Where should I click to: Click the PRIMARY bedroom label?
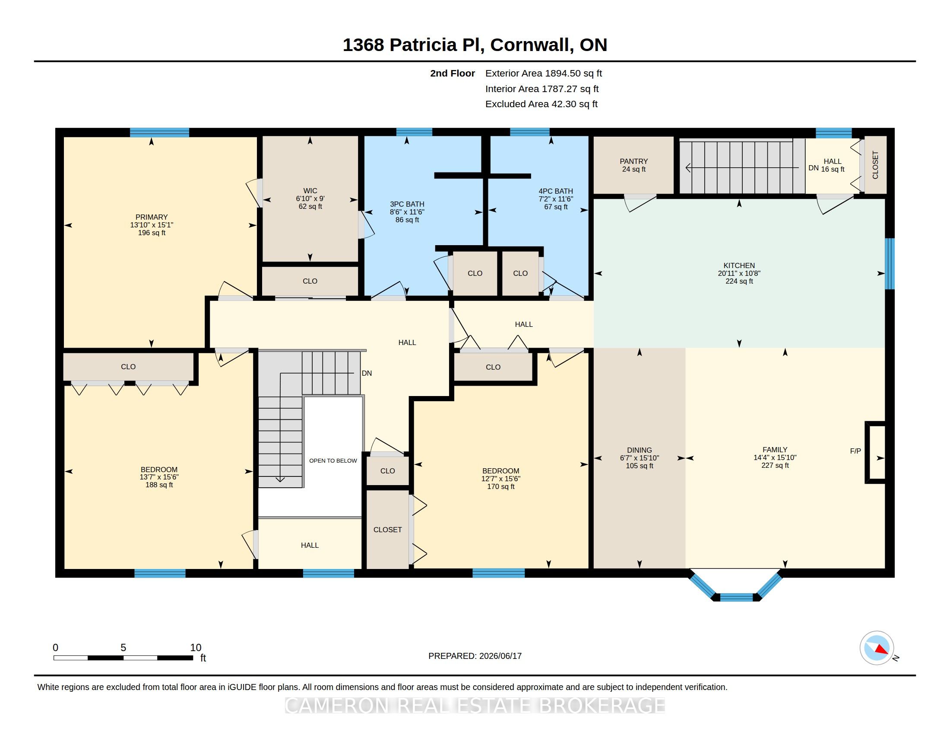tap(152, 217)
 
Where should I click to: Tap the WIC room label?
tap(310, 191)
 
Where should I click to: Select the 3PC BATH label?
tap(407, 204)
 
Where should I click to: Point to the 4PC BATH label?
tap(556, 191)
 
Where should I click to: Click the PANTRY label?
tap(634, 161)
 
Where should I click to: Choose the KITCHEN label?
tap(739, 265)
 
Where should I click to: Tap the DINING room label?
tap(640, 450)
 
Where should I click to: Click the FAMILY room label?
tap(775, 450)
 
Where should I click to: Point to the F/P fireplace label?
tap(855, 451)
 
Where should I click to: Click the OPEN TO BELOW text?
tap(333, 461)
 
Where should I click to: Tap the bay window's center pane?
tap(736, 597)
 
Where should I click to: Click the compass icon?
tap(877, 648)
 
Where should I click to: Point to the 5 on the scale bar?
tap(123, 648)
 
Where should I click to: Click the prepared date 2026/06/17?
tap(500, 656)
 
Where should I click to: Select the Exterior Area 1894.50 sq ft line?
tap(544, 73)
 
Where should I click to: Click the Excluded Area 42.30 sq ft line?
tap(541, 104)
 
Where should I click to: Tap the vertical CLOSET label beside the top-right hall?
tap(875, 165)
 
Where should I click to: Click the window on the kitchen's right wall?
tap(890, 263)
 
